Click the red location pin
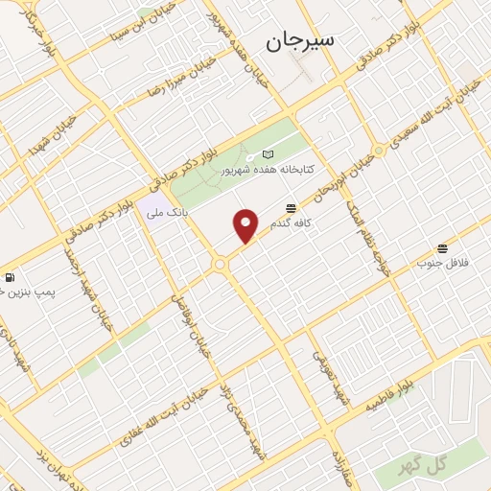tap(246, 225)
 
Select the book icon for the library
tap(268, 155)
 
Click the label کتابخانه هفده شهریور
tap(261, 170)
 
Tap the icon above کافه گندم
tap(291, 207)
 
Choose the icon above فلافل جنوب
tap(442, 248)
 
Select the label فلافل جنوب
tap(441, 262)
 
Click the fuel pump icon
tap(10, 278)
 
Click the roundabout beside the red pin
tap(220, 263)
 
